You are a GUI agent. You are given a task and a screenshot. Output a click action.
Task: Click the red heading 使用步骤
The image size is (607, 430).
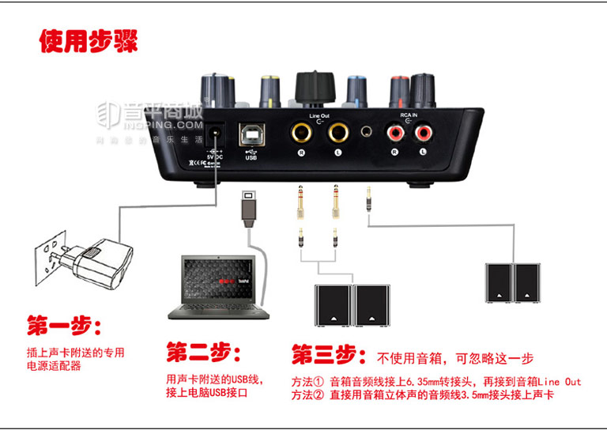(x=88, y=41)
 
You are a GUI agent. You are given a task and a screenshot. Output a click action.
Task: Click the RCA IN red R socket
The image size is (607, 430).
(x=393, y=133)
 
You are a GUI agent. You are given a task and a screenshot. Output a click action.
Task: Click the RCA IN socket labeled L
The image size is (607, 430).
(x=423, y=133)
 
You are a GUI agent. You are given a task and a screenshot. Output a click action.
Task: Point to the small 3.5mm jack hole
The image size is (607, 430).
(x=367, y=132)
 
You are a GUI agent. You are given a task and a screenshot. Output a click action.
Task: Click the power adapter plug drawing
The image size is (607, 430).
(x=95, y=266)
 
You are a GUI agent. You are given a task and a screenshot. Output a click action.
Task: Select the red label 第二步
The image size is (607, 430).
(x=203, y=351)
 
